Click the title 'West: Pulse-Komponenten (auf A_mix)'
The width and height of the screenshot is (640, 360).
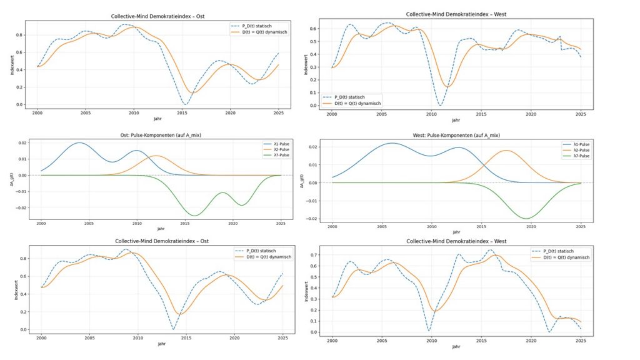pos(456,135)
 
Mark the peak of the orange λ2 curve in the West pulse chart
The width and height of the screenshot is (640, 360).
pos(506,151)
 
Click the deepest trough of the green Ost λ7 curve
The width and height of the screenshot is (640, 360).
pos(195,216)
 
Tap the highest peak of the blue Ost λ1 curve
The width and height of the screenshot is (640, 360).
pos(79,142)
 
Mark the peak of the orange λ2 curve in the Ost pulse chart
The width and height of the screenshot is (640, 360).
pos(156,156)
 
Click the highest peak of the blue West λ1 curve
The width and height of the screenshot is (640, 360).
pos(392,143)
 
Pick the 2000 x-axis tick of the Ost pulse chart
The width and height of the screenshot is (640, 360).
pos(41,222)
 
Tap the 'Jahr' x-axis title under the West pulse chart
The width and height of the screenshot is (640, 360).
pos(456,232)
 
